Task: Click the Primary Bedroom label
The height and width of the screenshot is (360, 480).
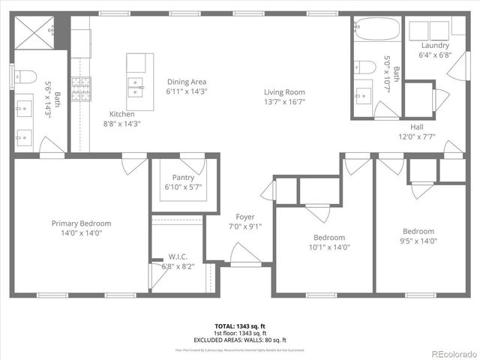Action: click(x=81, y=223)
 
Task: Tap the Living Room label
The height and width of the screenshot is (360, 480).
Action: click(x=284, y=92)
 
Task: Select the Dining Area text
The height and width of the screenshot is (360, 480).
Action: click(x=186, y=82)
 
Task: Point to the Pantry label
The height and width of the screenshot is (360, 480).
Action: click(x=183, y=178)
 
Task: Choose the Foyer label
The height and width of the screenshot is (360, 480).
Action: click(x=245, y=217)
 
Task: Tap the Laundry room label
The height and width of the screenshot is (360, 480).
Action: click(x=435, y=45)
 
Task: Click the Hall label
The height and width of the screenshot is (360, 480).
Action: click(x=417, y=127)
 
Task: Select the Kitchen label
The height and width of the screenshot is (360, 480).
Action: click(x=121, y=114)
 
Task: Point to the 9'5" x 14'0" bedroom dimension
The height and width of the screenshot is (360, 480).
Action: click(x=418, y=241)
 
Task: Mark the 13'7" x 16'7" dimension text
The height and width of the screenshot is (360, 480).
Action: click(x=284, y=102)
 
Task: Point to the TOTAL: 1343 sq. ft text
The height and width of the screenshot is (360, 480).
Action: click(x=240, y=326)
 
